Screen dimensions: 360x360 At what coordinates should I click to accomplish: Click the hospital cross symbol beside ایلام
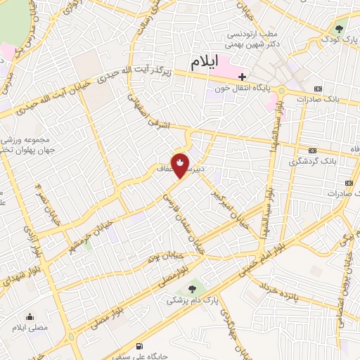coord(242,76)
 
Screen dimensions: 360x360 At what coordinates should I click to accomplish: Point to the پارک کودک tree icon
coord(340,29)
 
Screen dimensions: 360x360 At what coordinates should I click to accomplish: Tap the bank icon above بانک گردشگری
coord(312,150)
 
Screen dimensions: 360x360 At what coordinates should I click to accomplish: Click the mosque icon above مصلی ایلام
coord(30,317)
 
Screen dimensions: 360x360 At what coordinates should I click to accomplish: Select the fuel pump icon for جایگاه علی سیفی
coord(139,346)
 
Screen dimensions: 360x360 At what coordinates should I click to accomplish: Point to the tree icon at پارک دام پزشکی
coord(192,288)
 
